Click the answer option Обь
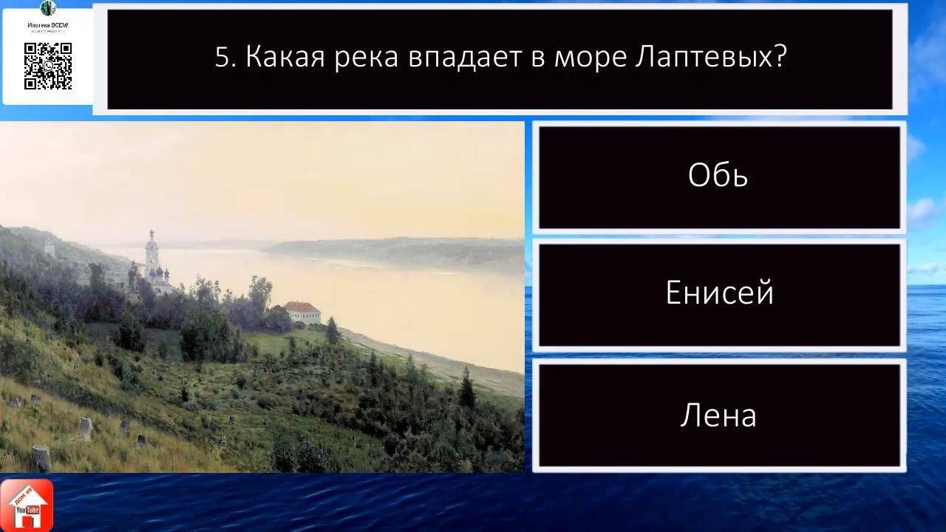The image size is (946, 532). click(x=718, y=176)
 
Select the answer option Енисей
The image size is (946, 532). click(x=719, y=294)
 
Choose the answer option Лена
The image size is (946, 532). click(x=718, y=415)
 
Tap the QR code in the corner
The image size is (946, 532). click(x=48, y=66)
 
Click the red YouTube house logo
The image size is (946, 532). click(x=27, y=505)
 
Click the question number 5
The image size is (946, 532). click(x=224, y=58)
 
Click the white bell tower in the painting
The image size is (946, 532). click(x=152, y=251)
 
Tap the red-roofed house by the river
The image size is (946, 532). click(x=302, y=311)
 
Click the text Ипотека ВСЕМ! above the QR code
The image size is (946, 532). click(x=48, y=25)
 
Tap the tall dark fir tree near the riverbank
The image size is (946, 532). click(x=466, y=388)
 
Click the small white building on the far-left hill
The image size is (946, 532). click(x=50, y=248)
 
